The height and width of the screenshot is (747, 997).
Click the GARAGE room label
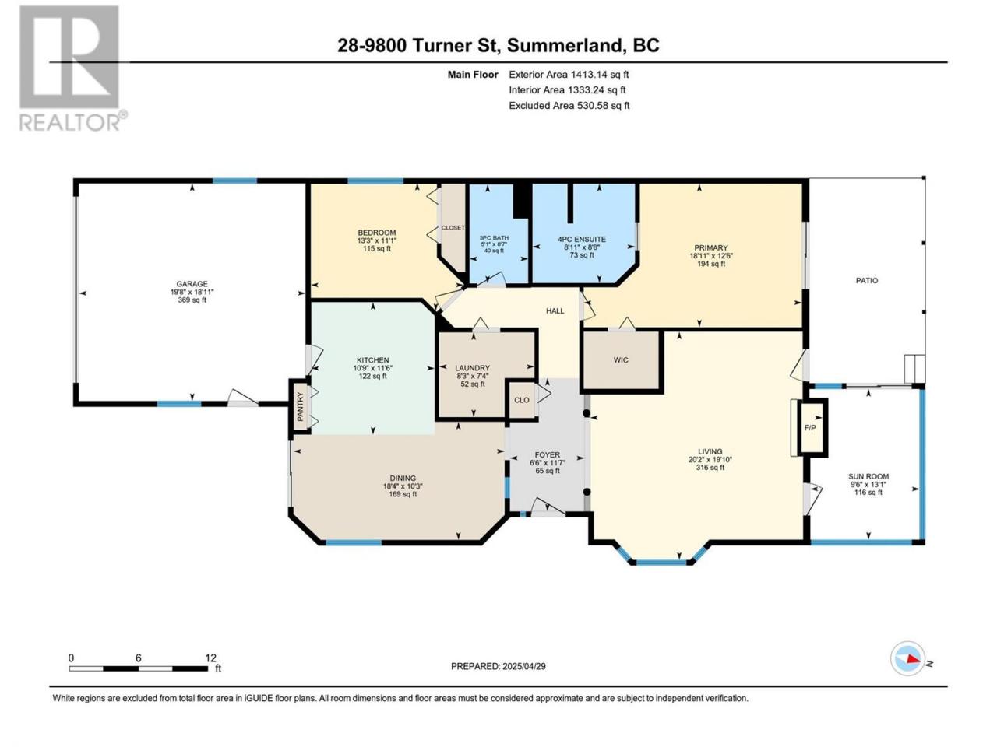[x=192, y=284]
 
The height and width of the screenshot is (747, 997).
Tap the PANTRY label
[x=300, y=406]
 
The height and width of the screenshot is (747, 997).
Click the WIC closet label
[x=621, y=360]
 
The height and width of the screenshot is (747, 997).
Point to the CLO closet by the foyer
[x=521, y=400]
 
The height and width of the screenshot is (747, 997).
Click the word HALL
[x=555, y=310]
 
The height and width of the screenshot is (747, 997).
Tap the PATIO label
[x=867, y=281]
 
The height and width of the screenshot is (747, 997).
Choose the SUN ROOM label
[x=868, y=476]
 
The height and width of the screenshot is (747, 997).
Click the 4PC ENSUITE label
[x=582, y=240]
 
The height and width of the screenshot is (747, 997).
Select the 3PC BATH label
[x=494, y=237]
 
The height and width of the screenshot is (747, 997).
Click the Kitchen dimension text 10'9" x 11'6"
[x=372, y=368]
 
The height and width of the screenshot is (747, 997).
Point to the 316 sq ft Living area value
[x=710, y=467]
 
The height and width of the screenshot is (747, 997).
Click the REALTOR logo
[x=72, y=68]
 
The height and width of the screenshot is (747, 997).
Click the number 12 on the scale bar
[x=210, y=658]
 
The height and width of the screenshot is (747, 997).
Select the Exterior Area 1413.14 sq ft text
[x=569, y=75]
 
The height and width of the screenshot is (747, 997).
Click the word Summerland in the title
[x=567, y=45]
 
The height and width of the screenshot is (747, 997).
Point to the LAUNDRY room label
[x=472, y=368]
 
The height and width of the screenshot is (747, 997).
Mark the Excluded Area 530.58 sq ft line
[x=569, y=106]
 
